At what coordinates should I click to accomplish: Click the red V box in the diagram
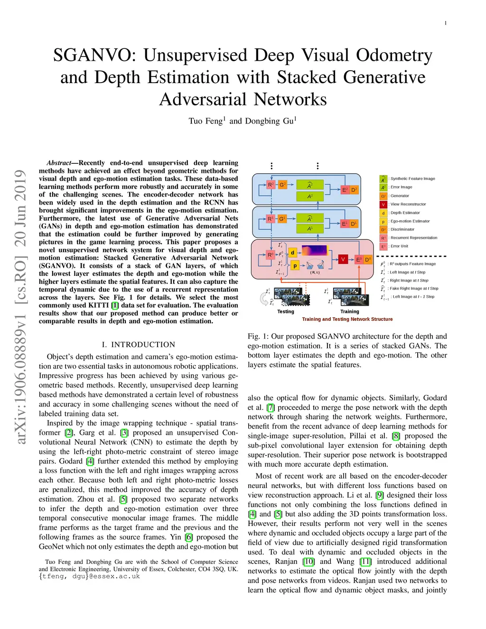[x=343, y=259]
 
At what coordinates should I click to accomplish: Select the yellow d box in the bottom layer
[x=292, y=253]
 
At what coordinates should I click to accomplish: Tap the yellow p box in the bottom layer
[x=295, y=265]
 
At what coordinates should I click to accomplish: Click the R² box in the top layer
[x=271, y=185]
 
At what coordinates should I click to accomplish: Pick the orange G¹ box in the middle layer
[x=282, y=219]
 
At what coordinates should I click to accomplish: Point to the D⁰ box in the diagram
[x=367, y=260]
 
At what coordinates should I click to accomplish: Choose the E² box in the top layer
[x=345, y=190]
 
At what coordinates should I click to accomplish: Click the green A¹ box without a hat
[x=309, y=228]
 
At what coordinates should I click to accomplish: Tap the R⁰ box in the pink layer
[x=271, y=255]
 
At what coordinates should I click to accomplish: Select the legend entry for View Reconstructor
[x=408, y=204]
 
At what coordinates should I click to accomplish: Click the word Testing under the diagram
[x=286, y=311]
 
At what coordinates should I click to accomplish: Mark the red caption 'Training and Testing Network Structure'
[x=347, y=319]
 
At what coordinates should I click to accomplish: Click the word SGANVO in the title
[x=94, y=55]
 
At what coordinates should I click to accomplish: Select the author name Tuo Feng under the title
[x=206, y=121]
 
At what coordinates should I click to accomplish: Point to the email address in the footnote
[x=89, y=576]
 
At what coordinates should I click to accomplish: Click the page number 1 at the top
[x=445, y=23]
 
